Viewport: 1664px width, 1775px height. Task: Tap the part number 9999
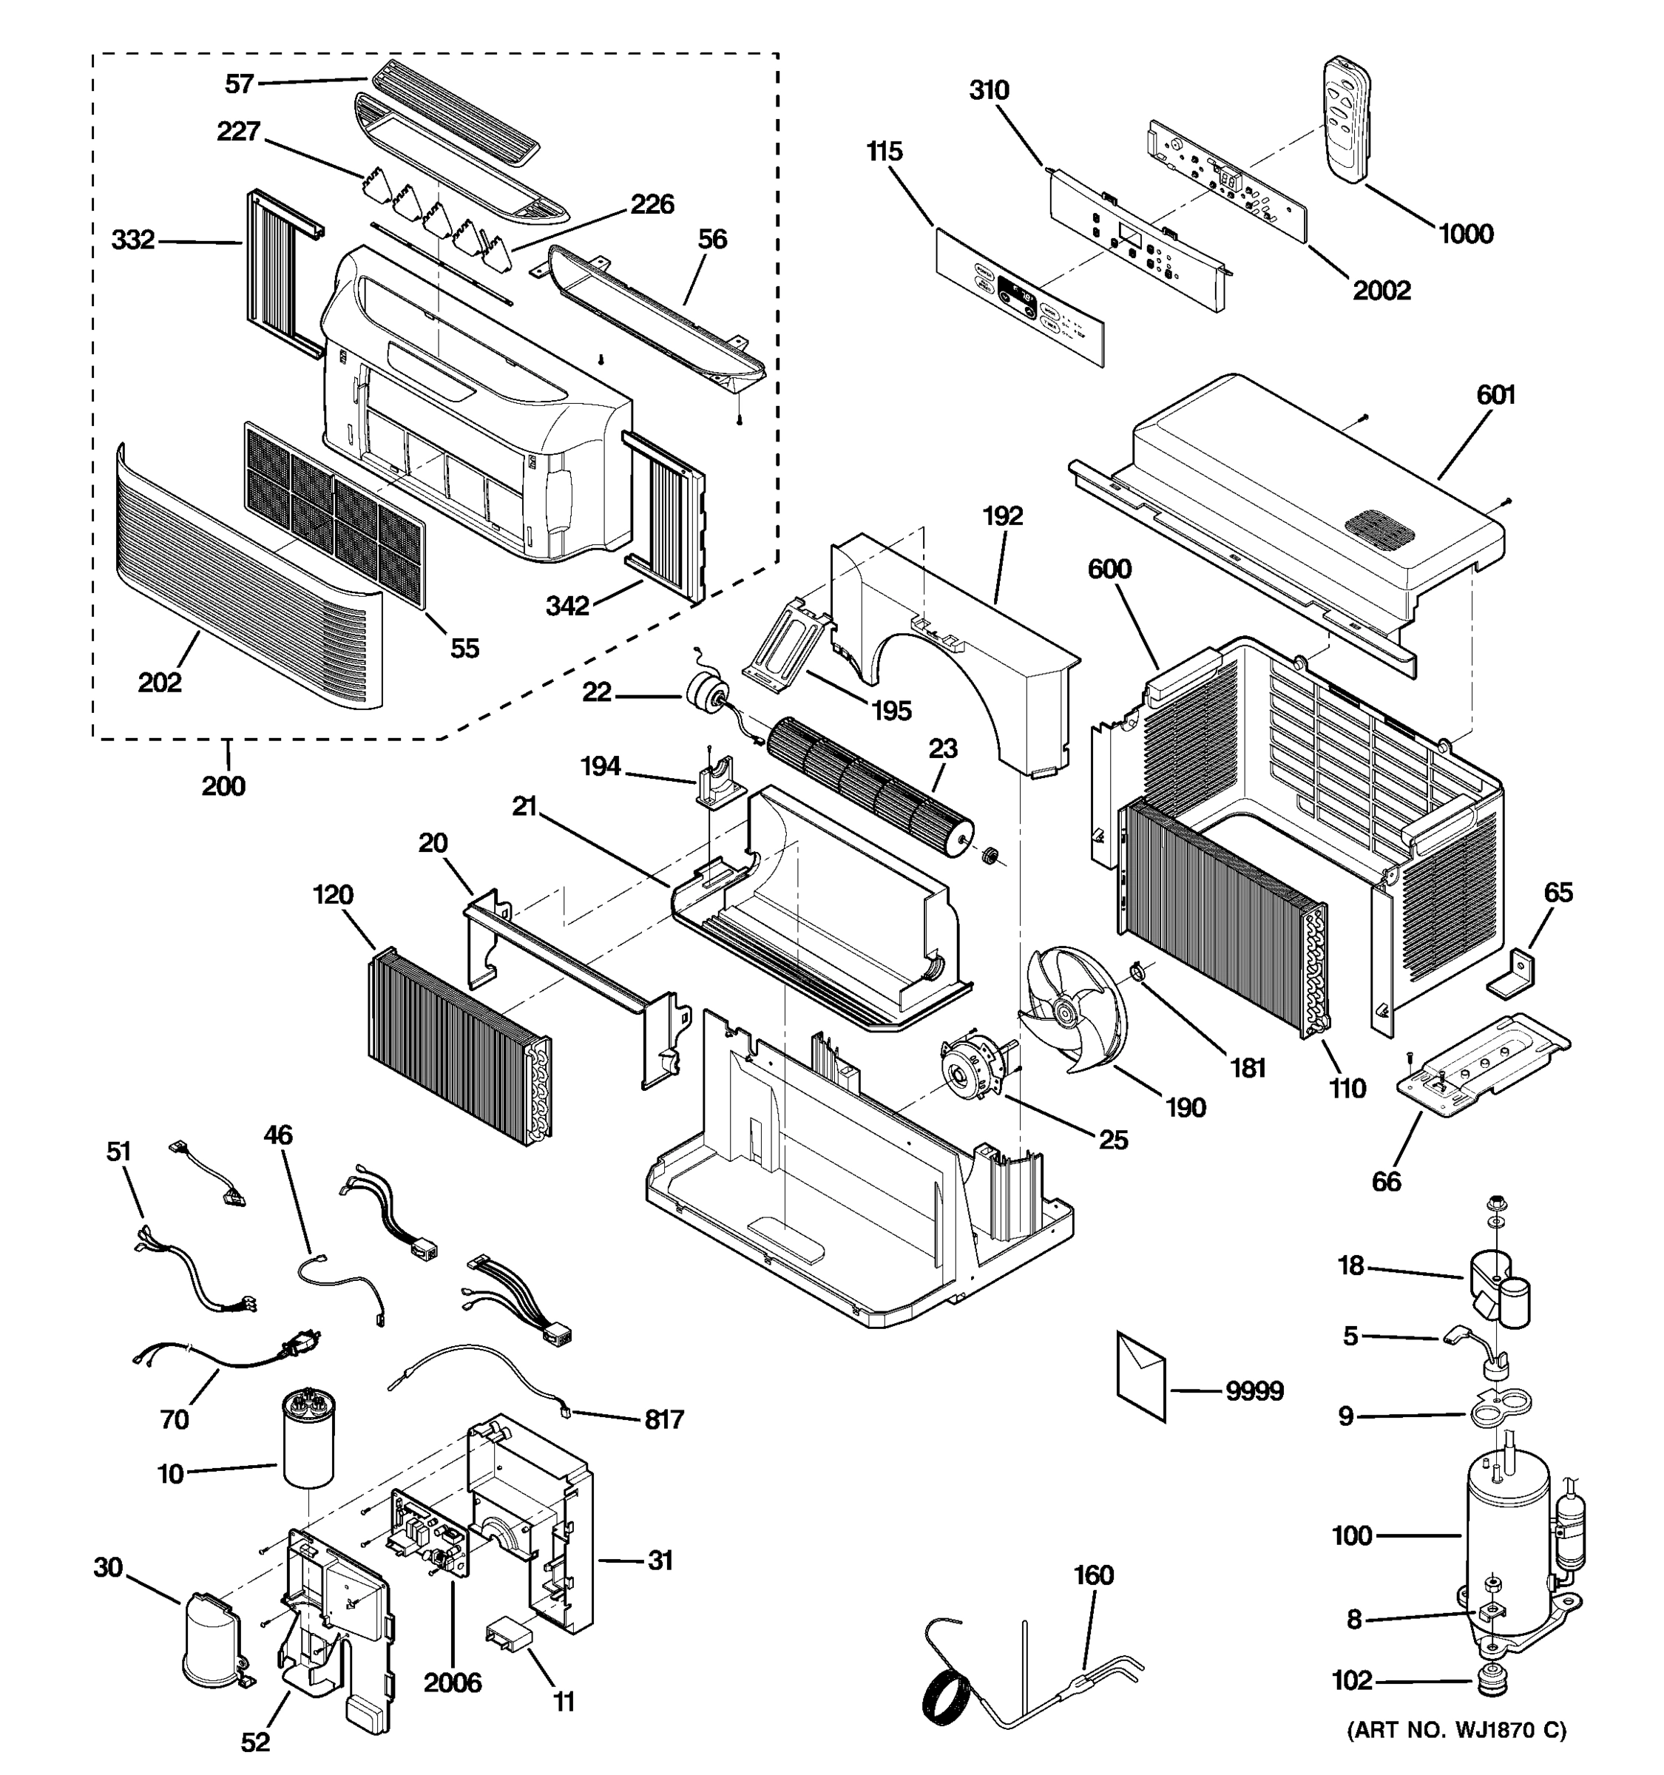(x=1254, y=1391)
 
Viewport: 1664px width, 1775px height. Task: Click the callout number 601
(x=1495, y=395)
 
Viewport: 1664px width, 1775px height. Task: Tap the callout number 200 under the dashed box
(x=223, y=785)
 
